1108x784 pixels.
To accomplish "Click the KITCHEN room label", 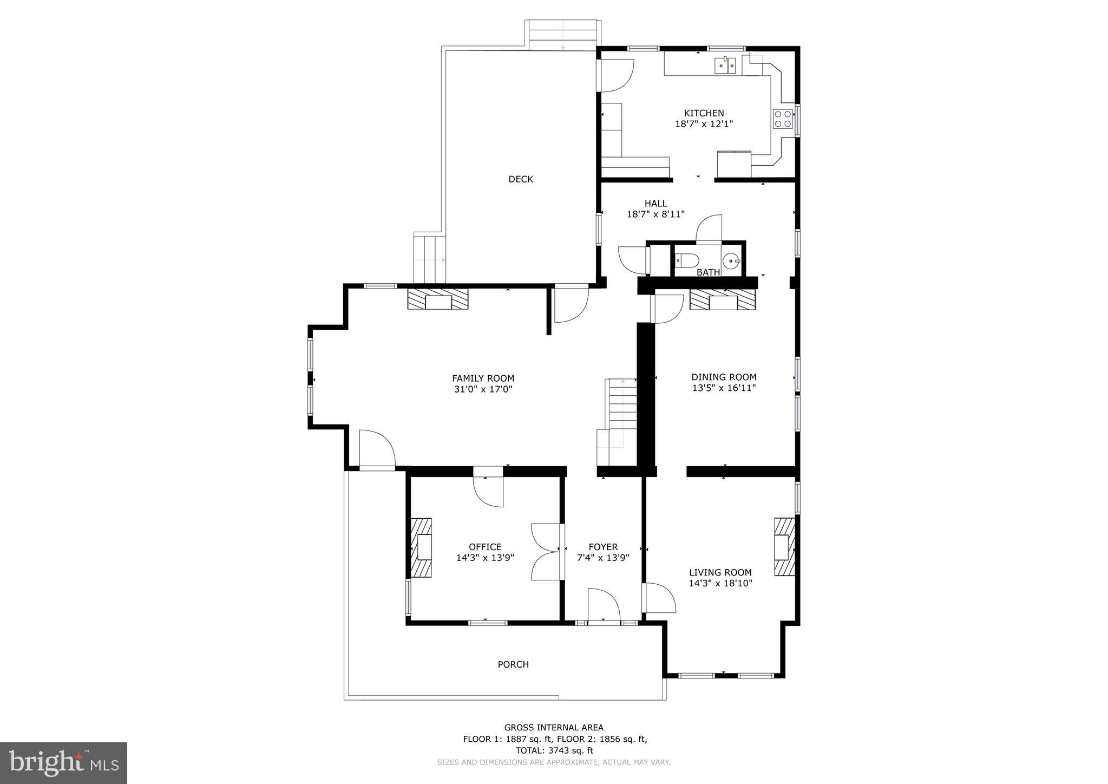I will (x=704, y=113).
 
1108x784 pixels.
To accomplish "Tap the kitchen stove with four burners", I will (x=783, y=119).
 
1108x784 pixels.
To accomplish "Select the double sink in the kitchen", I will (x=725, y=66).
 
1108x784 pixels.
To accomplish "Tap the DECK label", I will (x=520, y=179).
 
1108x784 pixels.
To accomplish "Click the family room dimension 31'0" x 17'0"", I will (x=483, y=389).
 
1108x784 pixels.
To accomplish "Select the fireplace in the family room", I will (x=438, y=299).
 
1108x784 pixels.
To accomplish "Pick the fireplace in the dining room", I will (x=723, y=299).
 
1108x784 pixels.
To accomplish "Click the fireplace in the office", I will (x=421, y=547).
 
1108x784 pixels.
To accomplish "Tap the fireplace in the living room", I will (x=784, y=547).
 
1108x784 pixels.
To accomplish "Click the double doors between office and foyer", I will (x=547, y=552).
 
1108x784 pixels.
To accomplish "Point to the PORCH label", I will (x=513, y=664).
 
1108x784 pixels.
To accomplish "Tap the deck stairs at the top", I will (x=562, y=35).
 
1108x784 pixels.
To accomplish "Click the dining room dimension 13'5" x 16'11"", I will (x=724, y=388).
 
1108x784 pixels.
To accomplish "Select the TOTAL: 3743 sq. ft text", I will (x=554, y=750).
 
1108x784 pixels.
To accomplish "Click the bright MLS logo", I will (x=63, y=763).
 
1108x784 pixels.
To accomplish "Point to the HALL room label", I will (x=655, y=204).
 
